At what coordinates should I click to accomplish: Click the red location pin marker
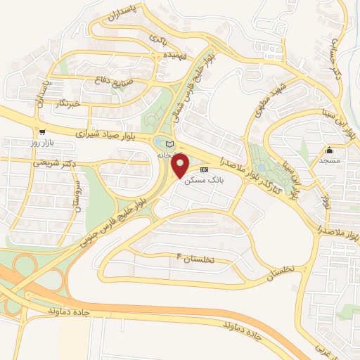tap(181, 166)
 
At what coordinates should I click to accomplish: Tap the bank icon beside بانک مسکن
tap(205, 170)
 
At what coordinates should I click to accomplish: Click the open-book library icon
tap(169, 144)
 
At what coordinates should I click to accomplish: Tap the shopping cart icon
tap(42, 131)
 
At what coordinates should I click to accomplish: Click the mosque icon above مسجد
tap(329, 150)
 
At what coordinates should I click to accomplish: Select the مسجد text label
tap(328, 160)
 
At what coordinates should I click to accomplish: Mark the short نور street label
tap(324, 201)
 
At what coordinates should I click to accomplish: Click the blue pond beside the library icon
tap(158, 145)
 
